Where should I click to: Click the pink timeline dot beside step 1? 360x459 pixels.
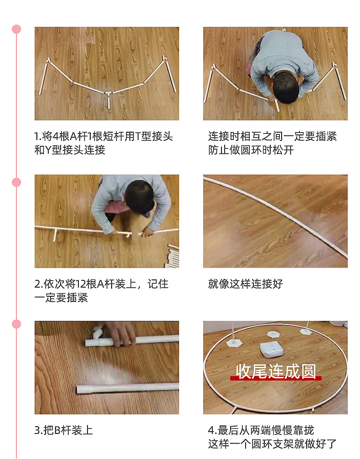click(16, 29)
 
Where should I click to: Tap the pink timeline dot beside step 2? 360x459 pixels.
click(16, 182)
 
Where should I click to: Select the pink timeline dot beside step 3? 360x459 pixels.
click(16, 324)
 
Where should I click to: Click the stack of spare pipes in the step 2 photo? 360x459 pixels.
click(173, 256)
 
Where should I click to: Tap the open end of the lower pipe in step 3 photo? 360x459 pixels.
click(80, 390)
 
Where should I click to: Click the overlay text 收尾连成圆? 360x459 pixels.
click(276, 371)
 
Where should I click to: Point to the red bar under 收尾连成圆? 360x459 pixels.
click(276, 378)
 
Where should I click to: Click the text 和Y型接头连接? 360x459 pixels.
click(70, 150)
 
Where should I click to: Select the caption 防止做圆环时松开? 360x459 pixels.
click(251, 150)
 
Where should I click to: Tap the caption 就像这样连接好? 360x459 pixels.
click(246, 284)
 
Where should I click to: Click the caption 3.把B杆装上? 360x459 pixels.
click(63, 430)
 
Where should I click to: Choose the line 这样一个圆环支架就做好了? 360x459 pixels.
click(273, 444)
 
